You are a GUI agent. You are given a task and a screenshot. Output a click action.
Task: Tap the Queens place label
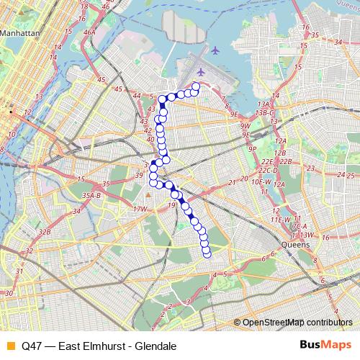pos(294,244)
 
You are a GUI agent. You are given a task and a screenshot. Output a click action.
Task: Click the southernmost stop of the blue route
pos(207,253)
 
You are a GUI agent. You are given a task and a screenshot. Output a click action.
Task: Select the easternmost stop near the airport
pos(195,88)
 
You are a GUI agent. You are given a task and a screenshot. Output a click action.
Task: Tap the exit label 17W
pos(140,209)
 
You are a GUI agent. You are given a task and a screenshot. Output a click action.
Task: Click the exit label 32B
pos(45,232)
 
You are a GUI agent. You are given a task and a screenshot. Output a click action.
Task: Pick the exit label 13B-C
pos(265,112)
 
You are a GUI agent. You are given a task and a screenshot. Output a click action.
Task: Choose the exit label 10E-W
pos(261,182)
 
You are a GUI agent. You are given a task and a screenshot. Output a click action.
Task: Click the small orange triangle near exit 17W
pos(147,194)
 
